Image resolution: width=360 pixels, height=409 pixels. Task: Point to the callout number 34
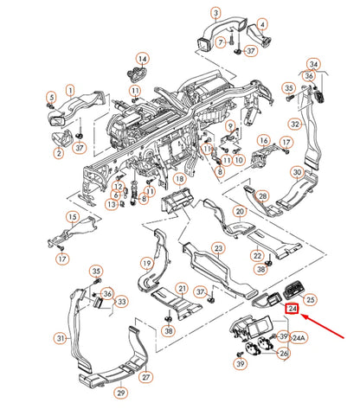tap(315, 65)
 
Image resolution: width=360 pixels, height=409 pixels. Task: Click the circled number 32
tap(295, 124)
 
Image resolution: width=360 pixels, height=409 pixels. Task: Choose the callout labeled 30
tap(297, 172)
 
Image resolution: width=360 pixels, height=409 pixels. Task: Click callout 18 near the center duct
tap(180, 179)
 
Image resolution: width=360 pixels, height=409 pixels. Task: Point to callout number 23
tap(219, 248)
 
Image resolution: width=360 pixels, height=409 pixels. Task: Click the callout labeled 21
tap(182, 288)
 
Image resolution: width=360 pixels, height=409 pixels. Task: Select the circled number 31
tap(61, 338)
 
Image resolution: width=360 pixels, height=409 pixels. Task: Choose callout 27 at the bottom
tap(146, 377)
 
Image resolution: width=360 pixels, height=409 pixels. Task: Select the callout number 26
tap(283, 353)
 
